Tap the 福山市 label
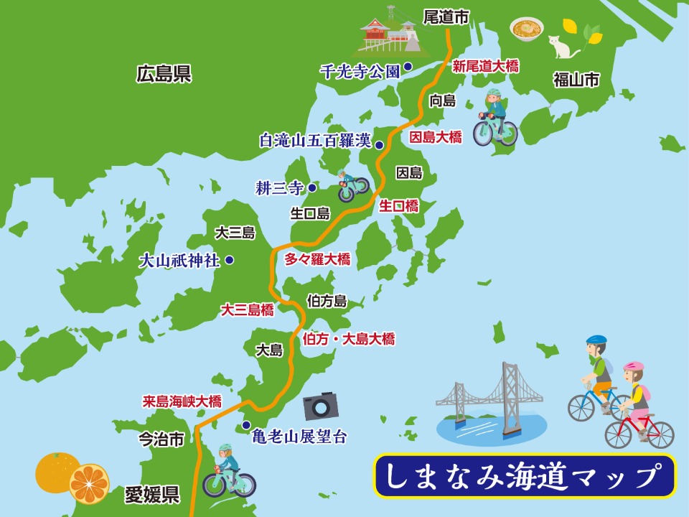(576, 80)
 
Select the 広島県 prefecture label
(164, 74)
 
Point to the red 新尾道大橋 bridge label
(486, 66)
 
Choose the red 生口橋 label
(399, 206)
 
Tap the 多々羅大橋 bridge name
(317, 259)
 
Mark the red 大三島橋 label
(247, 310)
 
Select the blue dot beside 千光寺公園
(407, 67)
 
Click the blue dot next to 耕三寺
(312, 188)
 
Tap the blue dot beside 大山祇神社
(229, 260)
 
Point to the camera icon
(320, 406)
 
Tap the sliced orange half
(90, 483)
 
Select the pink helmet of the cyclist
(633, 367)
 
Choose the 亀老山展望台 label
(299, 436)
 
